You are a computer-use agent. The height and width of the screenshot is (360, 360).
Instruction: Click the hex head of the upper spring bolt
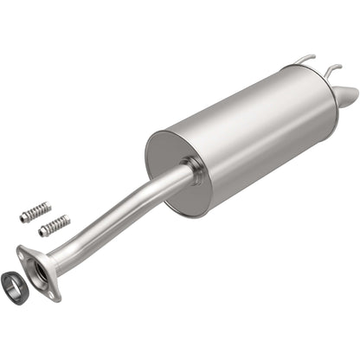point(25,218)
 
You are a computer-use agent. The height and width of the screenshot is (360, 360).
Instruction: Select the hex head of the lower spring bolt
point(42,232)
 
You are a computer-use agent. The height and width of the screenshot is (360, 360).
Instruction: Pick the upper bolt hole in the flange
point(24,254)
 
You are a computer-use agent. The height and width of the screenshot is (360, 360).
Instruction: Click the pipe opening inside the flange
point(39,273)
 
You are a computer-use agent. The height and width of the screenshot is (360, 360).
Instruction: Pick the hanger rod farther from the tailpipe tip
point(304,60)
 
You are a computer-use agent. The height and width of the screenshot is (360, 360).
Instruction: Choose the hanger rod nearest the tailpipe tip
point(332,67)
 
